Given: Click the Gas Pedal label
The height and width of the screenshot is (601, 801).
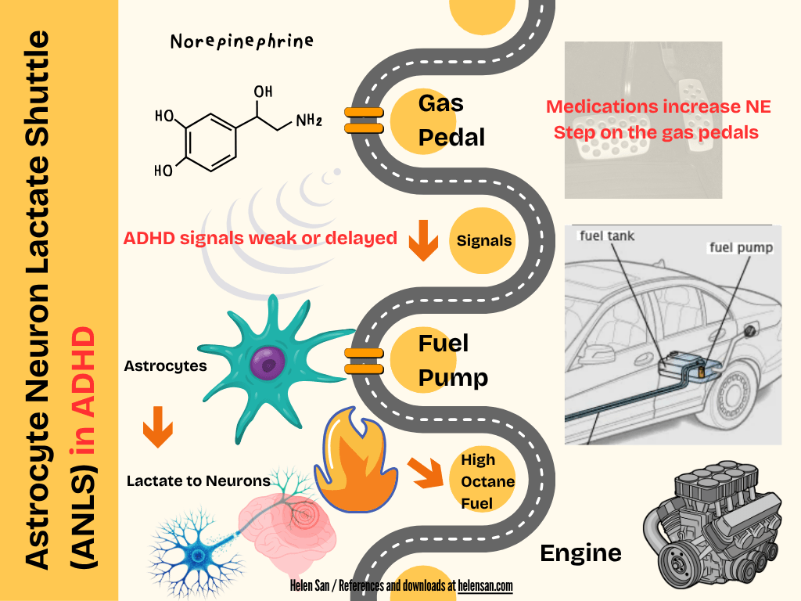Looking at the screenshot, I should click(x=451, y=120).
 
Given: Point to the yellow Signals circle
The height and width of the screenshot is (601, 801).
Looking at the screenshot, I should click(x=484, y=240).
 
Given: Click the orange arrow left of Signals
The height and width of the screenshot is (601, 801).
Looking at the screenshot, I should click(x=423, y=240).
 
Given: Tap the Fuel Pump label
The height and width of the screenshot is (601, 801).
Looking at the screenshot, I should click(x=452, y=360).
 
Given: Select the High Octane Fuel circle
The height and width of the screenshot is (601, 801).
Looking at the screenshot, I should click(x=487, y=481).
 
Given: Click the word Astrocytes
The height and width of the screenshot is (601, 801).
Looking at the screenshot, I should click(x=165, y=365).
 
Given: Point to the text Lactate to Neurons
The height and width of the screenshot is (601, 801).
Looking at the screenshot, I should click(x=199, y=480).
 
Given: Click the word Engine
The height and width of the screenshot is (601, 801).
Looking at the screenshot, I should click(x=580, y=553).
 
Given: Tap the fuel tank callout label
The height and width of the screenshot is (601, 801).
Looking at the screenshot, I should click(x=606, y=235).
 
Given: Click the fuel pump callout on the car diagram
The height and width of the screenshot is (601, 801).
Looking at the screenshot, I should click(x=741, y=248).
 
